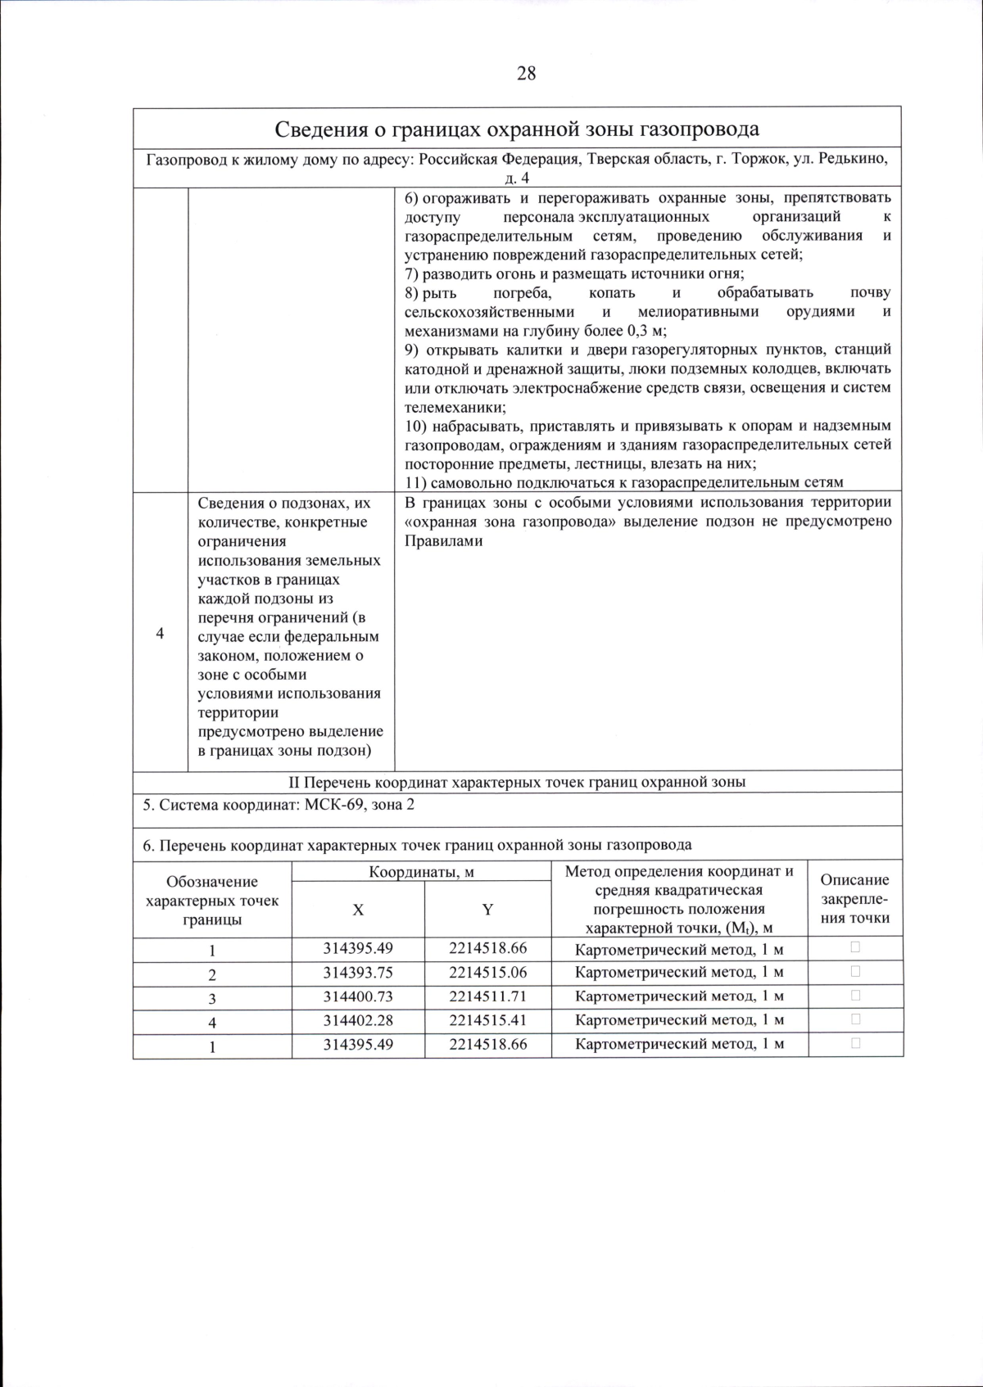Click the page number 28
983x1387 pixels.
coord(526,74)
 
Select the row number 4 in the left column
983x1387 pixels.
coord(160,635)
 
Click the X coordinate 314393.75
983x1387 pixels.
coord(358,973)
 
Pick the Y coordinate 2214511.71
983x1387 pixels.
coord(487,996)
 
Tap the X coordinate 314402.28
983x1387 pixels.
coord(358,1020)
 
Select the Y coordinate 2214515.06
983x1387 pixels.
coord(487,973)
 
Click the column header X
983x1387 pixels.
coord(358,910)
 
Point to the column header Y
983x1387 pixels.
coord(487,910)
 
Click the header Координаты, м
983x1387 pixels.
coord(421,872)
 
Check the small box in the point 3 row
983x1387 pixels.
coord(855,996)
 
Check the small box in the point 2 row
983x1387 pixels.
coord(855,972)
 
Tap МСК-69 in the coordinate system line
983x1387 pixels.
coord(333,805)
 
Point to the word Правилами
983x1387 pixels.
coord(443,541)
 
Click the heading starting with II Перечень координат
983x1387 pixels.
coord(517,782)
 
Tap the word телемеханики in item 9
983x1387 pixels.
coord(455,407)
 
